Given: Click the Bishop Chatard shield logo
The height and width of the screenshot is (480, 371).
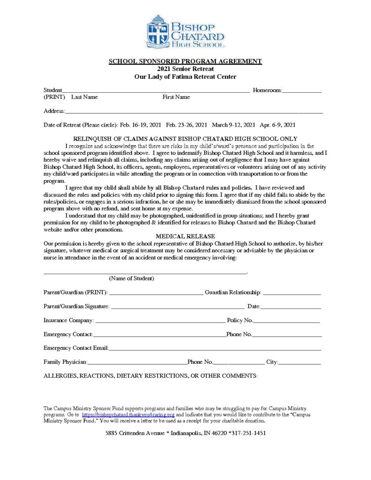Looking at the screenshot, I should click(x=158, y=31).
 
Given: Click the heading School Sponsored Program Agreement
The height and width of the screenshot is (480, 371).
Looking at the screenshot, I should click(x=185, y=61).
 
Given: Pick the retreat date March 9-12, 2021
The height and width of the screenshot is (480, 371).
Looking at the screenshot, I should click(x=234, y=125).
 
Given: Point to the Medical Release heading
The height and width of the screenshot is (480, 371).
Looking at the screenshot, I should click(x=185, y=236).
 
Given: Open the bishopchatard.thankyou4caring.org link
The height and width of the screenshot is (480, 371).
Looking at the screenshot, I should click(x=128, y=415).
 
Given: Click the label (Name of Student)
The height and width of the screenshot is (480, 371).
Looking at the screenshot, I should click(x=131, y=278).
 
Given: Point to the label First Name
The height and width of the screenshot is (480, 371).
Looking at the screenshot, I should click(x=176, y=97).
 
